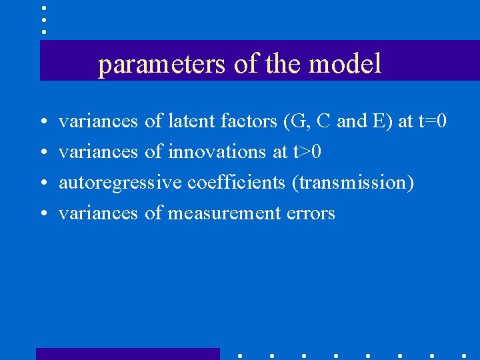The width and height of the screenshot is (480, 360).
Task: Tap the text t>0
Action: [x=307, y=152]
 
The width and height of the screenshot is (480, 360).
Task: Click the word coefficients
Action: [x=237, y=183]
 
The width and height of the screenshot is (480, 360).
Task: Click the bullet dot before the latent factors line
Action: [x=43, y=123]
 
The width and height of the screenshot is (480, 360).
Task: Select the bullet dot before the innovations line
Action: [x=43, y=153]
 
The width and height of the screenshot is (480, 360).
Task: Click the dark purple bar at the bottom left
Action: [x=127, y=354]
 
